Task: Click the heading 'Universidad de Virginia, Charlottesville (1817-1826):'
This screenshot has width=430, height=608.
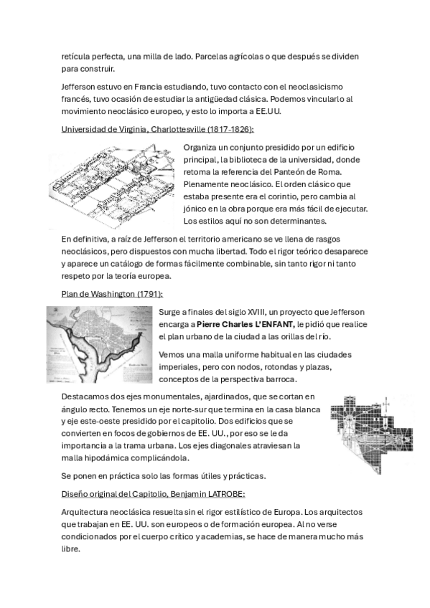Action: [157, 129]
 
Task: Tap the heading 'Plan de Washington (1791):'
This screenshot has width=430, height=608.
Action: [112, 294]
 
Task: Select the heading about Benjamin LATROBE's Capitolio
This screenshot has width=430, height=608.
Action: [154, 495]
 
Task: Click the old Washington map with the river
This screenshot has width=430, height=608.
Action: [99, 345]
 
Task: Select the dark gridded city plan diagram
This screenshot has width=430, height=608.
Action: [372, 434]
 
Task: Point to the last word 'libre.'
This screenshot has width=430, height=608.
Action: [70, 549]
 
